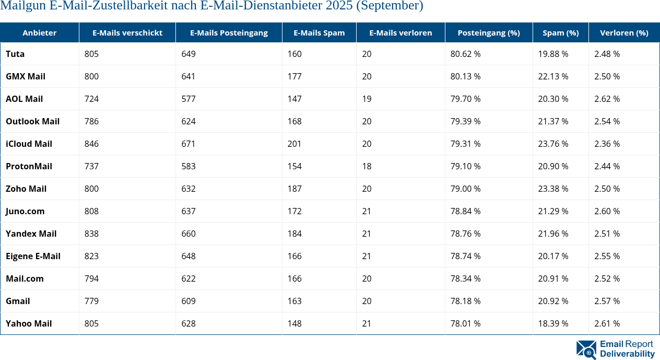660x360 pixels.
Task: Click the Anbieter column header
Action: pos(39,32)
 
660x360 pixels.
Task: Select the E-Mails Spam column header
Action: pos(319,32)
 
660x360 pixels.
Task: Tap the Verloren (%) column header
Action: pos(624,32)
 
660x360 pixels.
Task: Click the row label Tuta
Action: pos(15,54)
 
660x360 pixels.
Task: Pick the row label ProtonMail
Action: pos(29,166)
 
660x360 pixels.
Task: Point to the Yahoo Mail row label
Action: pos(29,323)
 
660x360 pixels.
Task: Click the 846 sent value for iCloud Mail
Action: pos(91,144)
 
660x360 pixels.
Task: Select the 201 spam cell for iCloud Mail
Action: pos(294,144)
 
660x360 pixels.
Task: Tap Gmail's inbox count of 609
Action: pos(188,301)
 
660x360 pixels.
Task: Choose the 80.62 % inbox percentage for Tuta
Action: pos(466,54)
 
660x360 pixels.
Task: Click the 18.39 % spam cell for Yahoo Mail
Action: pos(553,323)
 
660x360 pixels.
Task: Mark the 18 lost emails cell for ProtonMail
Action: pos(367,166)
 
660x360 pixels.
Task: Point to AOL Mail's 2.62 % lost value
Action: pos(607,99)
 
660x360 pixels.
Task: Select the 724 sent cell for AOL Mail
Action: pos(91,99)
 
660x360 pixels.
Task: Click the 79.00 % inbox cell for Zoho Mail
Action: pos(466,189)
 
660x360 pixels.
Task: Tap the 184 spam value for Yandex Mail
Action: pos(294,234)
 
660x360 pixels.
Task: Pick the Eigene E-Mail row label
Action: pos(33,256)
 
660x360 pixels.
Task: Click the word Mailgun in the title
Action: pos(20,6)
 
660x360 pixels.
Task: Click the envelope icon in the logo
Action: pos(586,350)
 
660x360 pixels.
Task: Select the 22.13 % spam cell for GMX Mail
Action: pos(553,76)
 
